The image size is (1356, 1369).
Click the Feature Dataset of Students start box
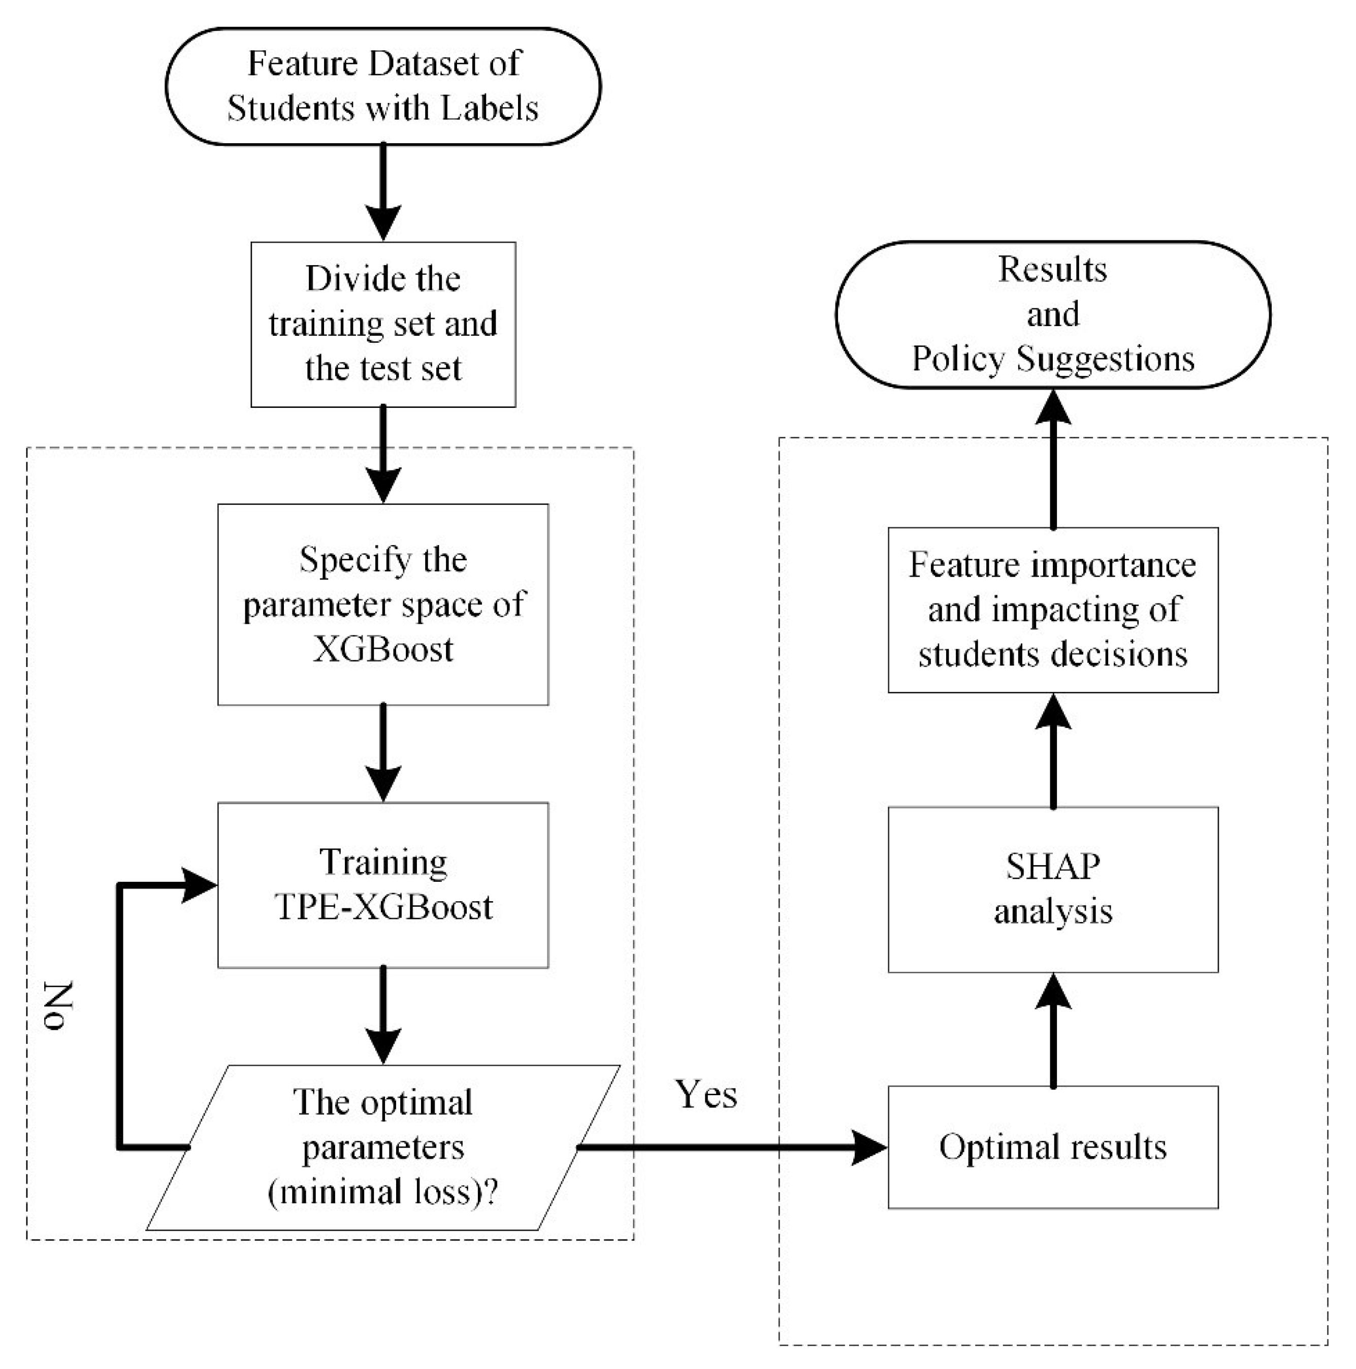tap(382, 86)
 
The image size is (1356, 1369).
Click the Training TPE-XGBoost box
tap(382, 884)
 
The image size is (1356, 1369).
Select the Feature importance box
tap(1053, 610)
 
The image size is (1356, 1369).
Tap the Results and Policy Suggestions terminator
tap(1053, 314)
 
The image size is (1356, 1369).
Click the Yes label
tap(705, 1094)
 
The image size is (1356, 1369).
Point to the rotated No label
tap(59, 1006)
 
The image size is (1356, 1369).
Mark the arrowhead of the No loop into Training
tap(200, 884)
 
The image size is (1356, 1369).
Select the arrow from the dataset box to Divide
tap(382, 192)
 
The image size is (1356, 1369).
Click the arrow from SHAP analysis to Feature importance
tap(1053, 751)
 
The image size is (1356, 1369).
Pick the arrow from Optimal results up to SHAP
tap(1053, 1031)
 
